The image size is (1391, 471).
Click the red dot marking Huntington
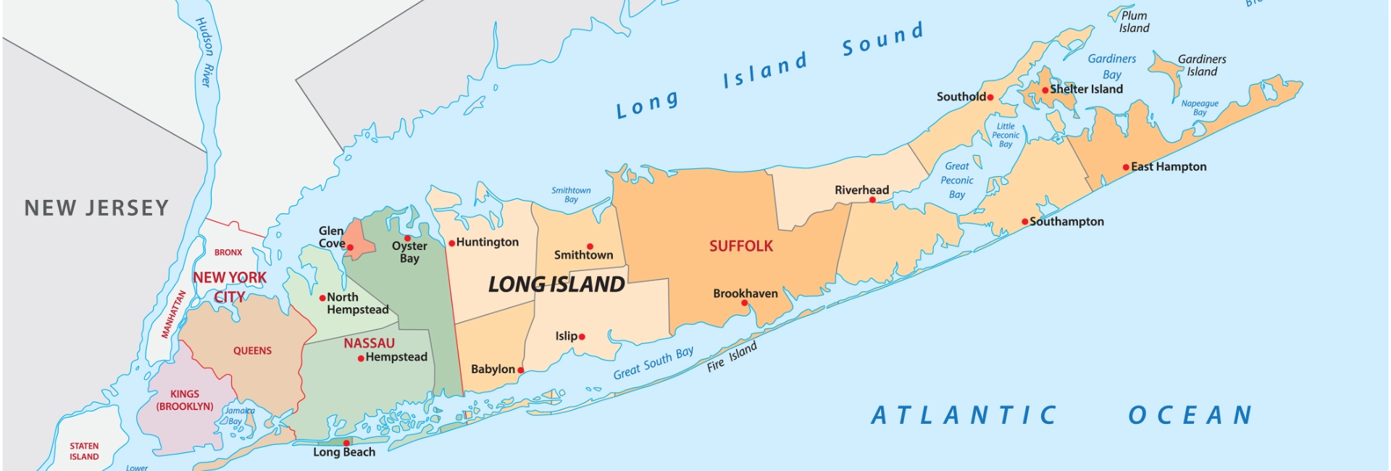(x=451, y=243)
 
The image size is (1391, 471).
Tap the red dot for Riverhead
(x=872, y=200)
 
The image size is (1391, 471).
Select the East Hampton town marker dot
(x=1126, y=167)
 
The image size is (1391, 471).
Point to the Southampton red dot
(x=1024, y=222)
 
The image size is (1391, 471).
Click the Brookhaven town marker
(x=744, y=303)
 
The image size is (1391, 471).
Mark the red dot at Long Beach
(x=346, y=443)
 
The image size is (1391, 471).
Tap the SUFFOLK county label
(x=741, y=246)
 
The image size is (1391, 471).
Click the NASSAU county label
(x=369, y=343)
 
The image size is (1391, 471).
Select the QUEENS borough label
(x=252, y=351)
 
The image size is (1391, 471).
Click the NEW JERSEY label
(x=96, y=209)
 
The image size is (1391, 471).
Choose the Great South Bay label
(x=653, y=363)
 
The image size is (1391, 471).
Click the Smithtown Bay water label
(x=571, y=195)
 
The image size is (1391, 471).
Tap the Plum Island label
(x=1134, y=22)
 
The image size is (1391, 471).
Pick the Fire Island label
(x=732, y=357)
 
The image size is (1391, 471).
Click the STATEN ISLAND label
(x=84, y=451)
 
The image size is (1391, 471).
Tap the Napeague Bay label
(x=1200, y=108)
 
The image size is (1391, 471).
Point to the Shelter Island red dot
(x=1045, y=90)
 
